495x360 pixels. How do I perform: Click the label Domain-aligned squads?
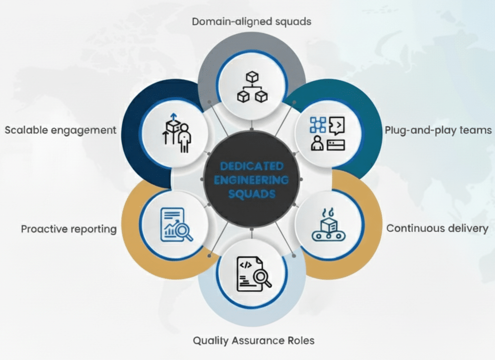pos(252,21)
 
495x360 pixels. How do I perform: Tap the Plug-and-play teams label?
pos(438,130)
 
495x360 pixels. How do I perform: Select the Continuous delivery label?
pos(437,228)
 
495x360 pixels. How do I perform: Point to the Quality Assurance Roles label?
pos(253,340)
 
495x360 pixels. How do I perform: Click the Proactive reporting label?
pos(68,229)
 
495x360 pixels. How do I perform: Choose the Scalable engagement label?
pos(60,130)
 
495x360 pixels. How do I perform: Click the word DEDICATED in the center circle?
pos(252,166)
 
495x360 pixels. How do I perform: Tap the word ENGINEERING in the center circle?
pos(252,180)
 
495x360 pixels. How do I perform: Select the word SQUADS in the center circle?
pos(252,194)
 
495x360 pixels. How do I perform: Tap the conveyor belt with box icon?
pos(327,227)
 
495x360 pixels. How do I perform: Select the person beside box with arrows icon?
pos(177,133)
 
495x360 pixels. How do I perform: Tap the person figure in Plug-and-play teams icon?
pos(318,143)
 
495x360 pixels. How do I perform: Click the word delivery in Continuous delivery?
pos(467,228)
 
